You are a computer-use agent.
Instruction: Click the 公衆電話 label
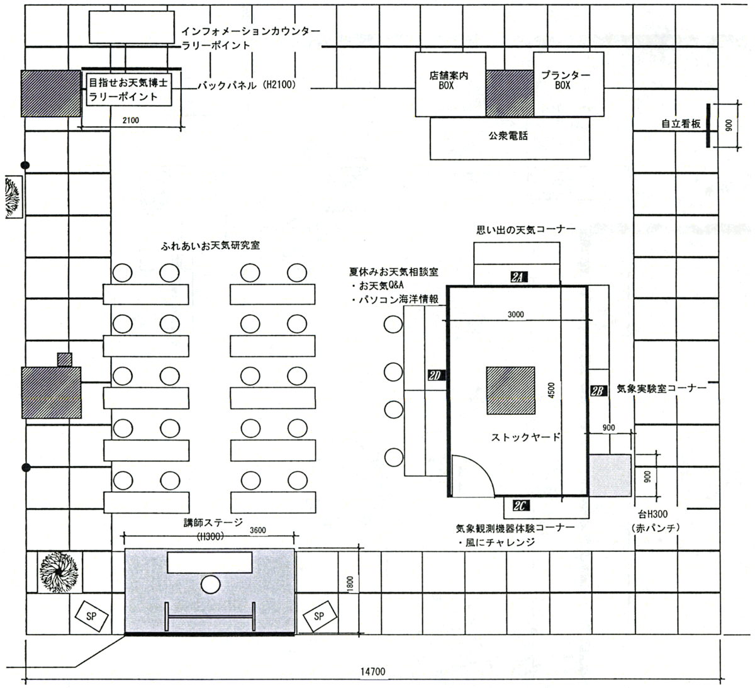pyautogui.click(x=508, y=135)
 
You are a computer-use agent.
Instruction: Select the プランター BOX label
pyautogui.click(x=566, y=80)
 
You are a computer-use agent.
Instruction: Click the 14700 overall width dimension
pyautogui.click(x=372, y=672)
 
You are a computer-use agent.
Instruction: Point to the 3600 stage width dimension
pyautogui.click(x=258, y=530)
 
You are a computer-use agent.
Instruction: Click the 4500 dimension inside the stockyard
pyautogui.click(x=551, y=390)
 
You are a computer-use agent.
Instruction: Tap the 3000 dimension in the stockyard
pyautogui.click(x=516, y=315)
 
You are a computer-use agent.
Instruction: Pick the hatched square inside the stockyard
pyautogui.click(x=511, y=391)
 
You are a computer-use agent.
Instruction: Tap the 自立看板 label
pyautogui.click(x=681, y=123)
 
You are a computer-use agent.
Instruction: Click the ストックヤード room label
pyautogui.click(x=526, y=437)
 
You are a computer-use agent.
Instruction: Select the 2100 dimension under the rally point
pyautogui.click(x=131, y=120)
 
